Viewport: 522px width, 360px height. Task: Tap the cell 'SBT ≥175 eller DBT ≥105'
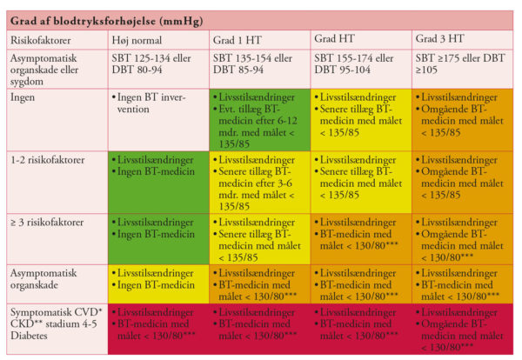click(460, 63)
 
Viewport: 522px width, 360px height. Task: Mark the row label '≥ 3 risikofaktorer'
click(51, 223)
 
